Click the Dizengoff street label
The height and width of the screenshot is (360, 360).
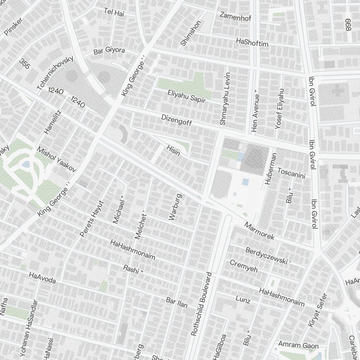pos(176,120)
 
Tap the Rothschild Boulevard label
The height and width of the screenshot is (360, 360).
pos(202,304)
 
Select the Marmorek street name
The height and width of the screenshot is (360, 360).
pos(259,231)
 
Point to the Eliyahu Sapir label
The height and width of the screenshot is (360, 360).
pos(186,96)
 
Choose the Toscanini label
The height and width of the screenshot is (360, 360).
pos(291,173)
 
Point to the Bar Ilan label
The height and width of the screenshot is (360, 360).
pos(176,302)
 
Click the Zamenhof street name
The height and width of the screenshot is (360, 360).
pos(235,16)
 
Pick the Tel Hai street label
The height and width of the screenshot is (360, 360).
pos(114,12)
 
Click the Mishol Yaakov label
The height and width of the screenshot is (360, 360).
pos(57,159)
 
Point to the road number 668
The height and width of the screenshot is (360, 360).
pos(347,25)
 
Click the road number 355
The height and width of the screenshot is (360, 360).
pos(24,64)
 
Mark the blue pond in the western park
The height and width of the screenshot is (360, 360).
pos(26,165)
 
